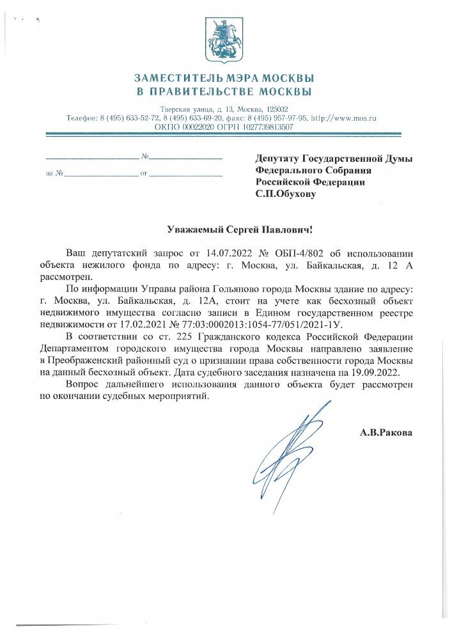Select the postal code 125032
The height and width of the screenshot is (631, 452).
point(274,110)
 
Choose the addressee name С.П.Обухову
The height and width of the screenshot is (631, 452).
point(285,193)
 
